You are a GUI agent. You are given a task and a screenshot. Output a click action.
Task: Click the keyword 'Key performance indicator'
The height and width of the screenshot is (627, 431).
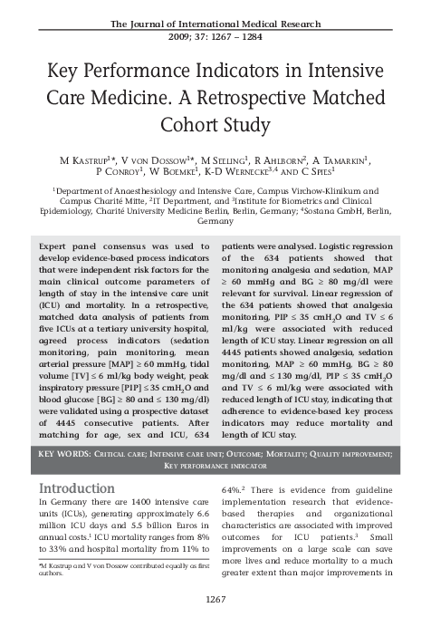215,465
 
